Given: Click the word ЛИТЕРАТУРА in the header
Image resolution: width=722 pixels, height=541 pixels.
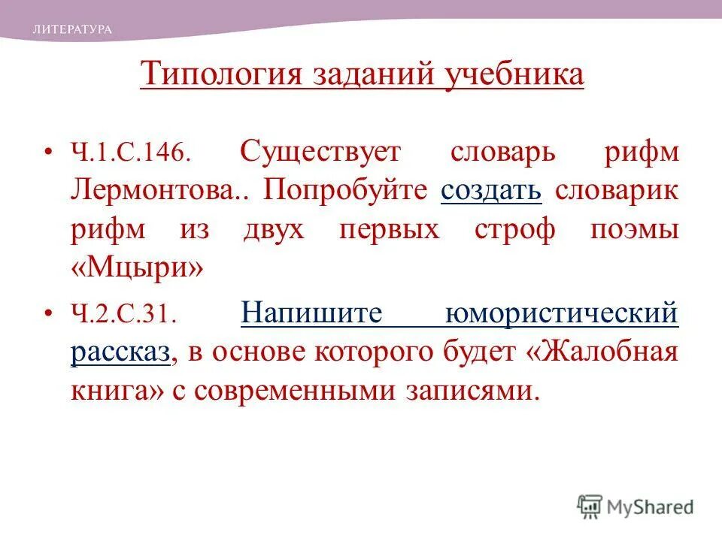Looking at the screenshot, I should point(72,29).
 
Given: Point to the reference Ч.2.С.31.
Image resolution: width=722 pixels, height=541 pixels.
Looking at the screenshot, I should point(124,313).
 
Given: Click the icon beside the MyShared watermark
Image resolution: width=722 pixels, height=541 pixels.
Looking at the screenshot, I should point(590,506).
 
